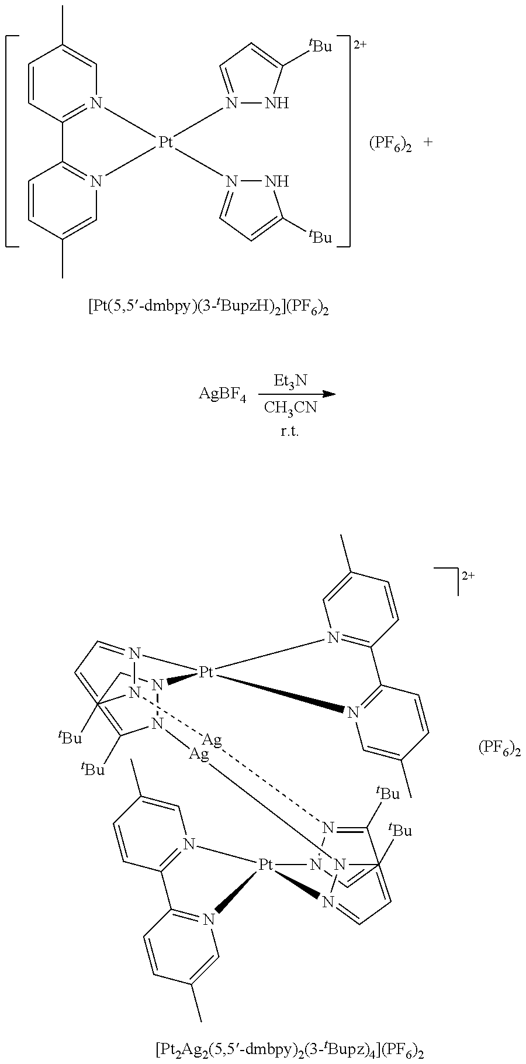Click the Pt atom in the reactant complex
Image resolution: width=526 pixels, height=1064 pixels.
[x=167, y=142]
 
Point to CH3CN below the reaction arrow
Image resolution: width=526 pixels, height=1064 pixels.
[x=290, y=408]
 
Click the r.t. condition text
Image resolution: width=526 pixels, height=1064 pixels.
[x=290, y=433]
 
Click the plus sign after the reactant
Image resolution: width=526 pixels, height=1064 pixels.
[x=428, y=142]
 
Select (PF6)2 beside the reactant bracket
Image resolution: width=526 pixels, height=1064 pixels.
[x=390, y=144]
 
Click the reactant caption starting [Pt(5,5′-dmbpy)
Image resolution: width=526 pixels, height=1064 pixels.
[x=208, y=308]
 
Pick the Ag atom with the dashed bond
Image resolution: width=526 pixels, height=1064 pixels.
[x=213, y=741]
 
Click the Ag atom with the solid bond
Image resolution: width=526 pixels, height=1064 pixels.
[x=199, y=755]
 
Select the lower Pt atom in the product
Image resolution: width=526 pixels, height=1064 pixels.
[x=267, y=863]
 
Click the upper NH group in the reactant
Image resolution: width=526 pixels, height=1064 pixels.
[x=276, y=104]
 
